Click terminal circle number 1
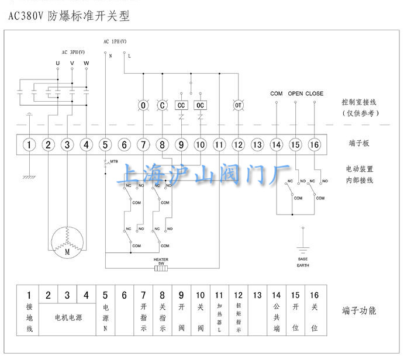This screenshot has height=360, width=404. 29,144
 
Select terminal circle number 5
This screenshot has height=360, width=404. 105,144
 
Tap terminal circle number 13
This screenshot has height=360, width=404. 257,144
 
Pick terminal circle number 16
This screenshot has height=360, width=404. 314,144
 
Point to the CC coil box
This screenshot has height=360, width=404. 181,105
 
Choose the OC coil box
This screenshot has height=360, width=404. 201,105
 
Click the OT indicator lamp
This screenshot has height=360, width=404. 238,105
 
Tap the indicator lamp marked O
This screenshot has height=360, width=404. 143,105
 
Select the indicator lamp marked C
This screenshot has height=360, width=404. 162,105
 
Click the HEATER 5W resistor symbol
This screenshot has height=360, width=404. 161,268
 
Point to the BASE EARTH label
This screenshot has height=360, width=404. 302,262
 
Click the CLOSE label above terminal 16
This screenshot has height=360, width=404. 314,94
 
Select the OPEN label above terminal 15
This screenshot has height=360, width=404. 295,94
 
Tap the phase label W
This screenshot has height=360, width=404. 87,63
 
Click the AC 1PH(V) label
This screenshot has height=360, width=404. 115,41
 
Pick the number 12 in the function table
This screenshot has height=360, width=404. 238,296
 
